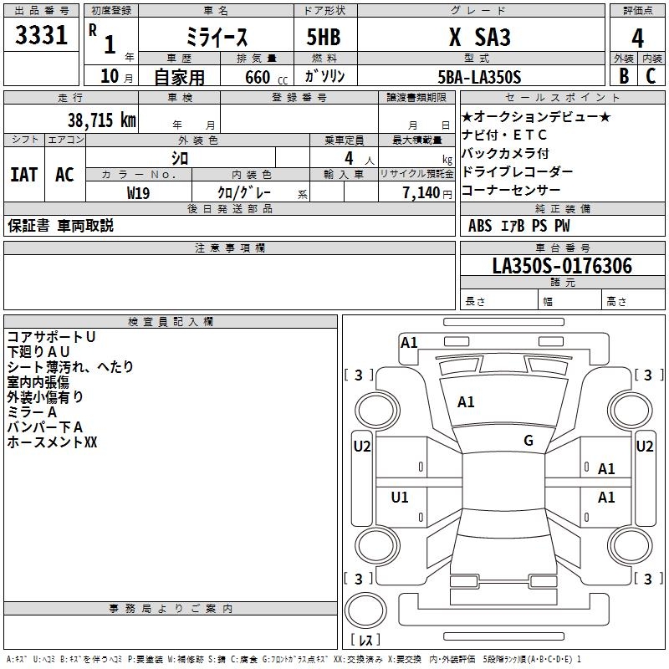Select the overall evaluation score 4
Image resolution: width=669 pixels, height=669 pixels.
point(637,38)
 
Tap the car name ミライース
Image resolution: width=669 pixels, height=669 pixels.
point(216,38)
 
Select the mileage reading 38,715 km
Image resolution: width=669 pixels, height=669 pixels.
point(101,120)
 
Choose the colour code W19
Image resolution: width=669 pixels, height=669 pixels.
point(138,192)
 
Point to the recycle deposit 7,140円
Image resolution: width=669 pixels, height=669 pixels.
point(427,192)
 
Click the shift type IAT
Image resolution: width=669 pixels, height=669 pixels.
point(23,175)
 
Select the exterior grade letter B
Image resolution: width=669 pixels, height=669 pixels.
point(623,77)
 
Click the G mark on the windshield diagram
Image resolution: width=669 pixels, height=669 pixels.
point(528,441)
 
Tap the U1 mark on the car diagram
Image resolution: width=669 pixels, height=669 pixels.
point(400,498)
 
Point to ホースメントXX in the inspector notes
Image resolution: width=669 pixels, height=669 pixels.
point(53,442)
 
